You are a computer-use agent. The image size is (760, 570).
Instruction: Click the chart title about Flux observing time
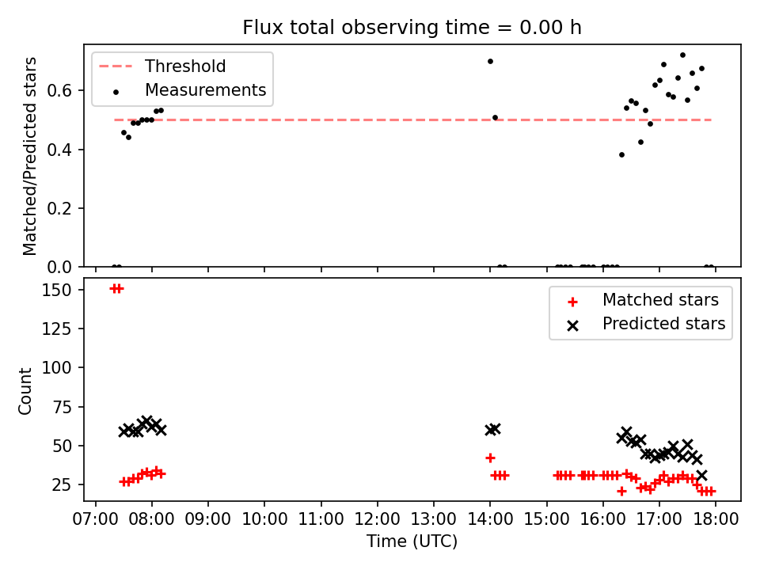click(x=412, y=27)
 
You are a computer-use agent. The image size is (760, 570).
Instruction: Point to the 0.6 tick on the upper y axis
click(x=59, y=90)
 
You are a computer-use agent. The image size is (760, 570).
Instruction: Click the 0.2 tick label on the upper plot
click(x=59, y=208)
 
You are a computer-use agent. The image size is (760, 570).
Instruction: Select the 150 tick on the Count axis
click(x=57, y=290)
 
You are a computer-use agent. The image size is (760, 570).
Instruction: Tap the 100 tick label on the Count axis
click(x=57, y=368)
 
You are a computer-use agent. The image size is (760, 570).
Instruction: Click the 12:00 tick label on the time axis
click(x=377, y=519)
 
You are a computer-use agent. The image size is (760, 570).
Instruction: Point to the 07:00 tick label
click(x=96, y=519)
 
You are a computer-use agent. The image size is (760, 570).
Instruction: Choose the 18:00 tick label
click(x=716, y=519)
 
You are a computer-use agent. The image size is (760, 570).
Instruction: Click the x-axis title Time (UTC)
click(x=412, y=541)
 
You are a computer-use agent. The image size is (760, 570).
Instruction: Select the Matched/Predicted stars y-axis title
click(x=29, y=156)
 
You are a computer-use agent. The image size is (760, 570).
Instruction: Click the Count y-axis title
click(x=25, y=390)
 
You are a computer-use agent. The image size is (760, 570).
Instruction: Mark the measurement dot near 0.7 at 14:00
click(x=490, y=62)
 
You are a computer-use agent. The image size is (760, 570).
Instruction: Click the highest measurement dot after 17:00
click(x=682, y=55)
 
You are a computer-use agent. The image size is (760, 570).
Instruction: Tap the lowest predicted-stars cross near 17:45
click(x=701, y=475)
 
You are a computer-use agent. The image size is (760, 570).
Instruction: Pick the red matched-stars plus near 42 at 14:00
click(x=490, y=458)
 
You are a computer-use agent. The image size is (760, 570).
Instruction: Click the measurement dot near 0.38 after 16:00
click(x=622, y=155)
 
